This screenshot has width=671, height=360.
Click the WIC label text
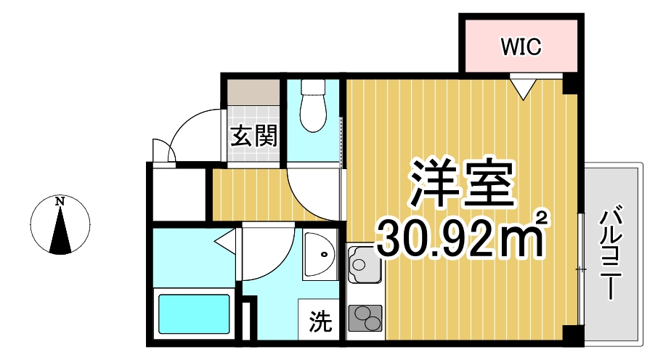[521, 47]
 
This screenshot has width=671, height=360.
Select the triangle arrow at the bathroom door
[227, 239]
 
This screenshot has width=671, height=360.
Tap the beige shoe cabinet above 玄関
[253, 91]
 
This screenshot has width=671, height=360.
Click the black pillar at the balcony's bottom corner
[573, 335]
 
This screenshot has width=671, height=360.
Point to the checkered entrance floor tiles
[253, 115]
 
